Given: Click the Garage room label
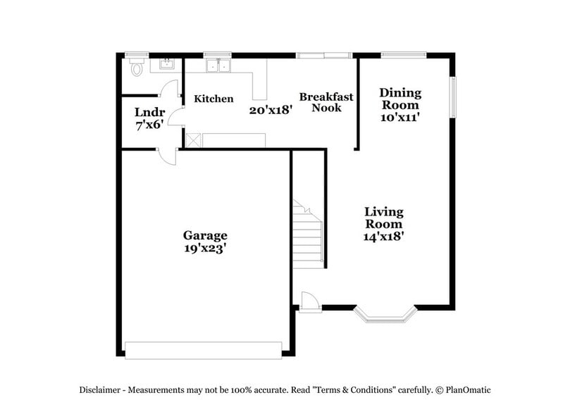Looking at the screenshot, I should pyautogui.click(x=205, y=235).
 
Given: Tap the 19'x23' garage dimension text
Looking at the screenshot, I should pyautogui.click(x=205, y=248).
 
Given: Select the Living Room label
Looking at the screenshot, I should pyautogui.click(x=383, y=218).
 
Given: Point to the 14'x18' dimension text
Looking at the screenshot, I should pyautogui.click(x=383, y=237).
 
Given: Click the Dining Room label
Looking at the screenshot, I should pyautogui.click(x=400, y=99).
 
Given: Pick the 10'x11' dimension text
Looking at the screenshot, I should pyautogui.click(x=400, y=118).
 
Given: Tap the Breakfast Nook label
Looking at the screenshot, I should pyautogui.click(x=326, y=102).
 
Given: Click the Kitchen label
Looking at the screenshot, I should pyautogui.click(x=213, y=99).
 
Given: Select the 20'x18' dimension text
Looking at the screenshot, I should pyautogui.click(x=271, y=110).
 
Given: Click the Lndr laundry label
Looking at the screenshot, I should pyautogui.click(x=149, y=112).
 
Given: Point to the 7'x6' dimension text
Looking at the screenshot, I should pyautogui.click(x=149, y=125).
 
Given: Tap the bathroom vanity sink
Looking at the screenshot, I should pyautogui.click(x=167, y=65).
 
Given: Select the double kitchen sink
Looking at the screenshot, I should pyautogui.click(x=219, y=66).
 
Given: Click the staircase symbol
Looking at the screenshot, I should pyautogui.click(x=309, y=233).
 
